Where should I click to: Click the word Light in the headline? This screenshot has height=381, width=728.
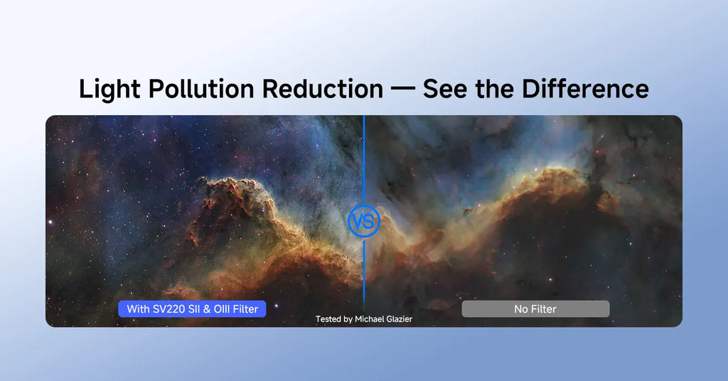coord(109,89)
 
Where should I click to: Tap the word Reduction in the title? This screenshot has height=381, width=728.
coord(323,89)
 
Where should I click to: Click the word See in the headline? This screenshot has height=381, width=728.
coord(445,89)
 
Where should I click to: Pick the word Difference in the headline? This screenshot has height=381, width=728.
coord(585,89)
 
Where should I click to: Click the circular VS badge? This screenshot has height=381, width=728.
coord(364,221)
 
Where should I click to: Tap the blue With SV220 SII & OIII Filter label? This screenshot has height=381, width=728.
coord(192,309)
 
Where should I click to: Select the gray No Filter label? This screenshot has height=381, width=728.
coord(535,309)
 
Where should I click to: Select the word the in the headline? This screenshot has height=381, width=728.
coord(495,89)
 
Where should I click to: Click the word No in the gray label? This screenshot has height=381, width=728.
coord(521,309)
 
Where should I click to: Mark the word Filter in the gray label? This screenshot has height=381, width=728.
coord(544,309)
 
